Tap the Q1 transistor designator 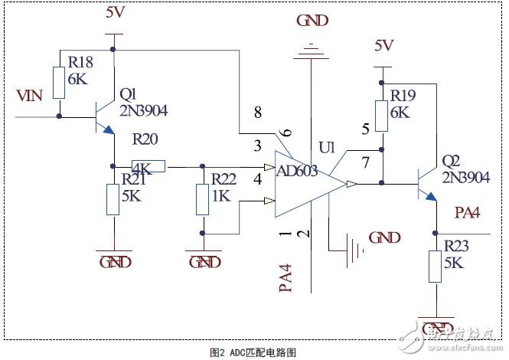click(128, 94)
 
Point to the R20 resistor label click(147, 141)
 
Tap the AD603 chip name click(296, 171)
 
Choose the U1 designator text click(328, 145)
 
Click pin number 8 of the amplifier click(257, 112)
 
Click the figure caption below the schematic click(254, 352)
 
